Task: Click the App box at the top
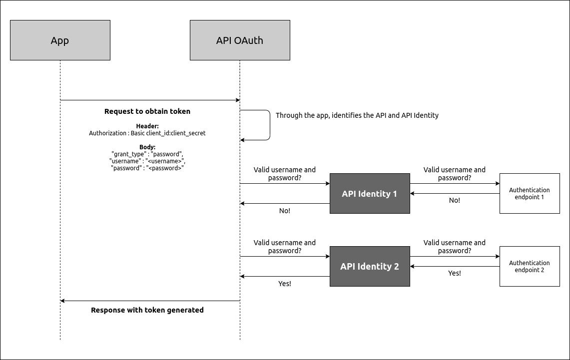click(x=60, y=40)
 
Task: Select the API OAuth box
click(x=240, y=40)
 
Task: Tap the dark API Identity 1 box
click(x=370, y=194)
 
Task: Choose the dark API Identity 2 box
click(x=370, y=267)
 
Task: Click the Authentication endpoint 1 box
click(x=530, y=194)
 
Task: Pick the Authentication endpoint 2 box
click(x=530, y=267)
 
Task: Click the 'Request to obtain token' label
click(x=147, y=111)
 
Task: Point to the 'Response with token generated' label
click(x=147, y=310)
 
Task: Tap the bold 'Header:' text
click(x=147, y=126)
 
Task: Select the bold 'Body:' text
click(x=147, y=147)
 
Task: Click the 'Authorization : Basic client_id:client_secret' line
click(x=147, y=133)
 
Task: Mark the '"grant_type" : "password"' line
click(x=147, y=154)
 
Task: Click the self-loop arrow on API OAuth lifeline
click(x=270, y=125)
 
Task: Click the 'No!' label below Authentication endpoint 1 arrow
click(x=455, y=200)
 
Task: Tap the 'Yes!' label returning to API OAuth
click(x=285, y=284)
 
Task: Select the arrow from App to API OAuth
click(x=150, y=100)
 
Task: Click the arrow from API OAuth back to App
click(x=150, y=301)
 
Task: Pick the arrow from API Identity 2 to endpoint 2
click(x=455, y=257)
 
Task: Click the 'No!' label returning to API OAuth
click(x=285, y=211)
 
